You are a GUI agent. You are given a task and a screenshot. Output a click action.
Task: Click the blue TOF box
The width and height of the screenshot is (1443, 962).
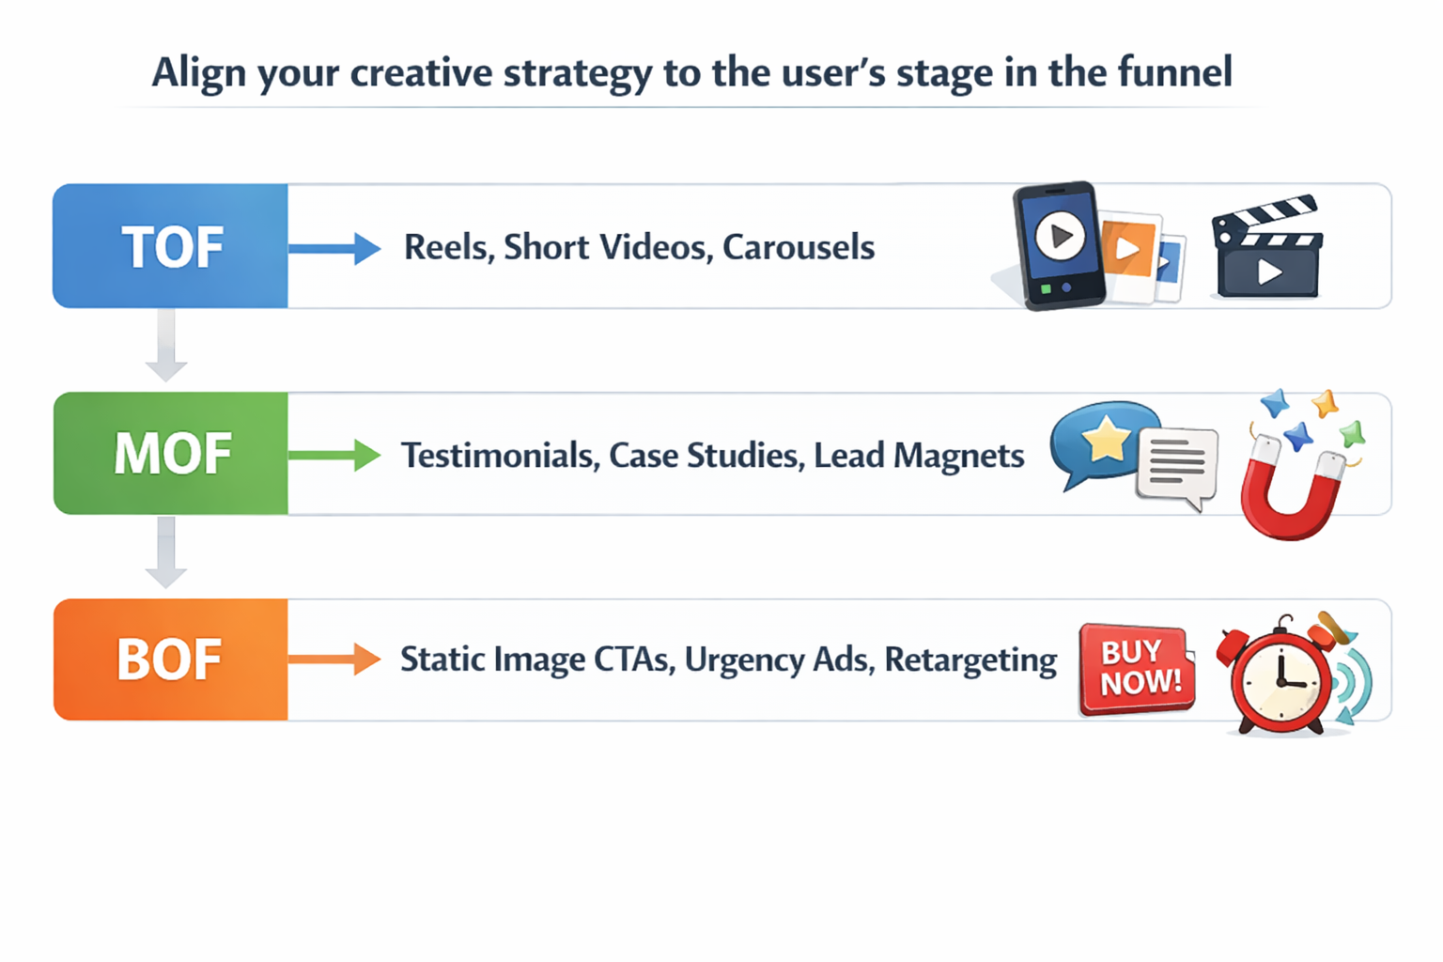point(171,246)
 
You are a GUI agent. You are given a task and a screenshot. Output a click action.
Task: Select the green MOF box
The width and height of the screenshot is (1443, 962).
point(171,454)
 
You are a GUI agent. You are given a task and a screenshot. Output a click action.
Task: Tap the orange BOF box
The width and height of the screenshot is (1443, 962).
point(171,659)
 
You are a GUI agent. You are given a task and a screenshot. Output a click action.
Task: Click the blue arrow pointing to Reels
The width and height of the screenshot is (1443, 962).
point(334,248)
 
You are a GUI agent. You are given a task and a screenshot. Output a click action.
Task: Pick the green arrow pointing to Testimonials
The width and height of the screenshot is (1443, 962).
point(334,455)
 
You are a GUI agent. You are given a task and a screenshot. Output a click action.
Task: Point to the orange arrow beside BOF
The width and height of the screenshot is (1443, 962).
point(334,659)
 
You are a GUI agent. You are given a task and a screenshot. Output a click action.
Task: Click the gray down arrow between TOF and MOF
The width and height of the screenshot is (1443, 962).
point(166,346)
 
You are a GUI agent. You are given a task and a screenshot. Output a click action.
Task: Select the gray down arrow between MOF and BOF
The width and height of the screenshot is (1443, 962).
point(166,552)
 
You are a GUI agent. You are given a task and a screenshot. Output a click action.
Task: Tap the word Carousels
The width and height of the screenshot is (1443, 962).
point(799,247)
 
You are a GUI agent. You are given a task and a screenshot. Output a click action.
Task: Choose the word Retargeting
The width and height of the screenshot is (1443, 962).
point(970,659)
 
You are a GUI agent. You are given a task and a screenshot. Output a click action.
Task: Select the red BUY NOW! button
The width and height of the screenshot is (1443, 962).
point(1138,668)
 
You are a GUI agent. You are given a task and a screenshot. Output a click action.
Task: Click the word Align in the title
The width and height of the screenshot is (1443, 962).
point(199,73)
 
